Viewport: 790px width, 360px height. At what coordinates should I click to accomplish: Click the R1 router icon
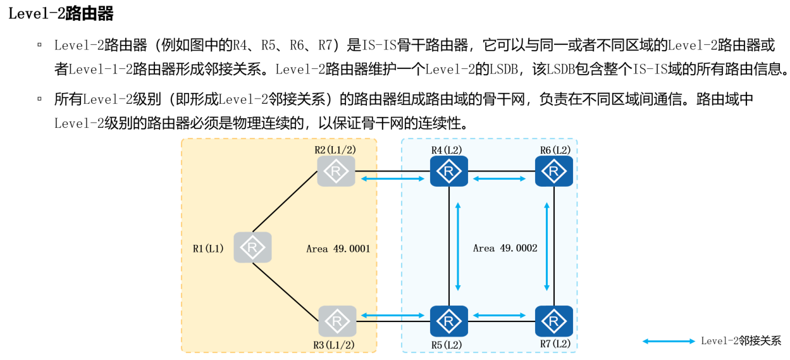click(x=252, y=247)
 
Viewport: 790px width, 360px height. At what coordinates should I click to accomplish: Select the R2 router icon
click(x=336, y=171)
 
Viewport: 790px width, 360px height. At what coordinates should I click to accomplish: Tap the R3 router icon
click(x=336, y=321)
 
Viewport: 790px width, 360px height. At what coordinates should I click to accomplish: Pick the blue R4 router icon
click(x=448, y=171)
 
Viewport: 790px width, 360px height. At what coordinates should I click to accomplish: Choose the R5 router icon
click(x=448, y=321)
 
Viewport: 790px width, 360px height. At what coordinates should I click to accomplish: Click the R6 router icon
click(x=554, y=171)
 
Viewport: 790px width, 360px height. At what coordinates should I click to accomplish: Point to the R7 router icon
click(x=554, y=321)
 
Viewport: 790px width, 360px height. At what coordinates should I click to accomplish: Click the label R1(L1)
click(x=209, y=248)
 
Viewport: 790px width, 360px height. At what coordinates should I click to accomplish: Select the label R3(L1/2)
click(x=334, y=344)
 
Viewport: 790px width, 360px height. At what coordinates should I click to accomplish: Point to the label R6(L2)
click(x=555, y=150)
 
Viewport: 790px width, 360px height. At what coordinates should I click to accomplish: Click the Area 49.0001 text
click(x=338, y=249)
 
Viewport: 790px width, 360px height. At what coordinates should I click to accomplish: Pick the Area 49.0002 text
click(x=505, y=248)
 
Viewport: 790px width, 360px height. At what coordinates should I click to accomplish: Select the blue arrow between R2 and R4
click(x=392, y=180)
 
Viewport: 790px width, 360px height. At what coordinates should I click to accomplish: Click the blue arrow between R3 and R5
click(x=392, y=315)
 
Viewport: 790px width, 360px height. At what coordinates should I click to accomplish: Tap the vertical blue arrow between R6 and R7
click(x=547, y=247)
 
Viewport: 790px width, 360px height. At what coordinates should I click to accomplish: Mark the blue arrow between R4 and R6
click(x=500, y=180)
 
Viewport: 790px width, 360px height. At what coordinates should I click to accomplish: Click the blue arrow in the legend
click(x=669, y=341)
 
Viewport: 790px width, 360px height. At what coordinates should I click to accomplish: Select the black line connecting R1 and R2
click(x=285, y=201)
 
